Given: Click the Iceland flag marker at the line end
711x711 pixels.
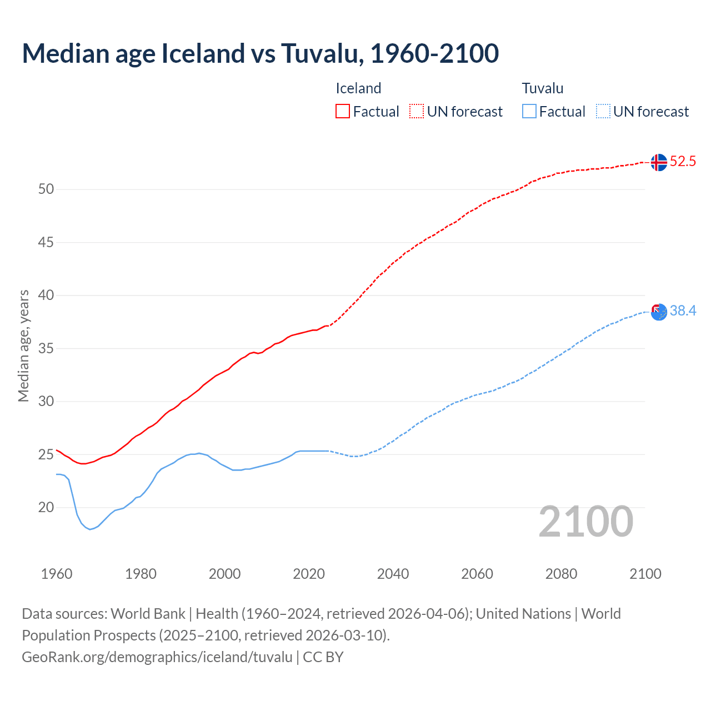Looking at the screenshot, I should [x=658, y=162].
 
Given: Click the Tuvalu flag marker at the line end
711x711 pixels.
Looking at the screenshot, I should [x=658, y=312].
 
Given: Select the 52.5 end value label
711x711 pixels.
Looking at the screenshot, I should [x=683, y=162].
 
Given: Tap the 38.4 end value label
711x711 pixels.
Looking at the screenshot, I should [x=683, y=311].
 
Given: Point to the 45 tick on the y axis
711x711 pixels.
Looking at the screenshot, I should [x=46, y=242].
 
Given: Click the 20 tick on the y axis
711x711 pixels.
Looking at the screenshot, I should [x=46, y=507].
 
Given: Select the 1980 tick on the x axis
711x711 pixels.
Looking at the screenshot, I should [x=141, y=574].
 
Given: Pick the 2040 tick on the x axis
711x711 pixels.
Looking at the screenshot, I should [x=393, y=574].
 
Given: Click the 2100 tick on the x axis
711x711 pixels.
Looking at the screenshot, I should [x=645, y=574].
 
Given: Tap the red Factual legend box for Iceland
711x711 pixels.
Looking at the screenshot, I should [x=343, y=111].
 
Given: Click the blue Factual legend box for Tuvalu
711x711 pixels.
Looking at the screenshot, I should [x=529, y=111].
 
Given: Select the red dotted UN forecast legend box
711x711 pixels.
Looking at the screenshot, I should [x=417, y=111].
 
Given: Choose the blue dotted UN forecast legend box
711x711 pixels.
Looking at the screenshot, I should [x=603, y=111].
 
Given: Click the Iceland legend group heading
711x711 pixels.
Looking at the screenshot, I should [x=358, y=88].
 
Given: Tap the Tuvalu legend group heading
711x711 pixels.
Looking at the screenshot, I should [x=542, y=88].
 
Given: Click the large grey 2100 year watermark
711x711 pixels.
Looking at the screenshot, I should [x=585, y=522].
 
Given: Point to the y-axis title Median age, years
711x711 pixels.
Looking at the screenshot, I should [x=23, y=346].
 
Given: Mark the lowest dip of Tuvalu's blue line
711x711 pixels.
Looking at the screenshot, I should [x=90, y=529].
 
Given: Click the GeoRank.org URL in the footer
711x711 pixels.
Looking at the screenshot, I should [x=157, y=657].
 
